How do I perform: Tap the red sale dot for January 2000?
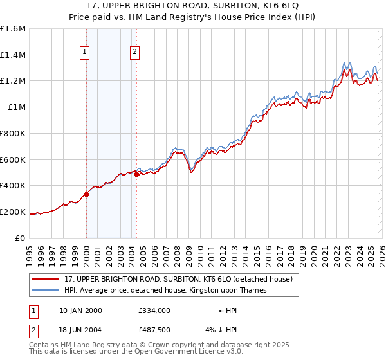(86, 194)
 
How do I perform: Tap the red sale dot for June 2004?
(136, 174)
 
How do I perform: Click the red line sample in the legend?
(46, 280)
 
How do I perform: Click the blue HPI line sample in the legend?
(46, 291)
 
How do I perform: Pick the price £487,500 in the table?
(154, 330)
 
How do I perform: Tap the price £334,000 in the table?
(154, 310)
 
